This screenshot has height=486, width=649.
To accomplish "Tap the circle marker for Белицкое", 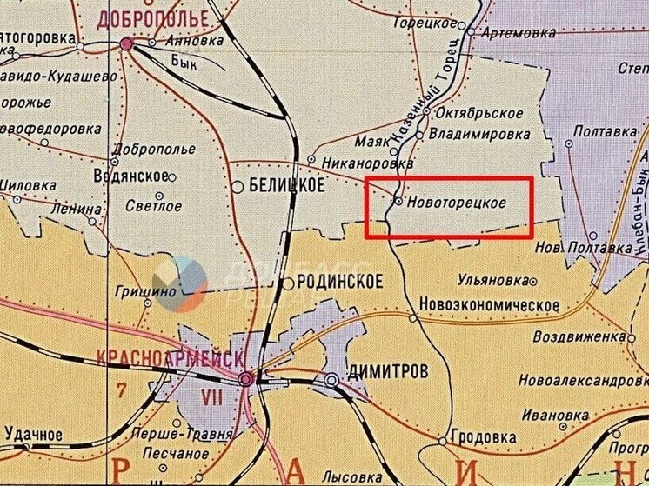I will pyautogui.click(x=237, y=186).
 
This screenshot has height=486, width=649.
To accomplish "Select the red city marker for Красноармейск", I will pyautogui.click(x=246, y=379).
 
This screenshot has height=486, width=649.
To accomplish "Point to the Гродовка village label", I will pyautogui.click(x=488, y=438).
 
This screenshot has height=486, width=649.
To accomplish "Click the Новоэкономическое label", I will pyautogui.click(x=488, y=305).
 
